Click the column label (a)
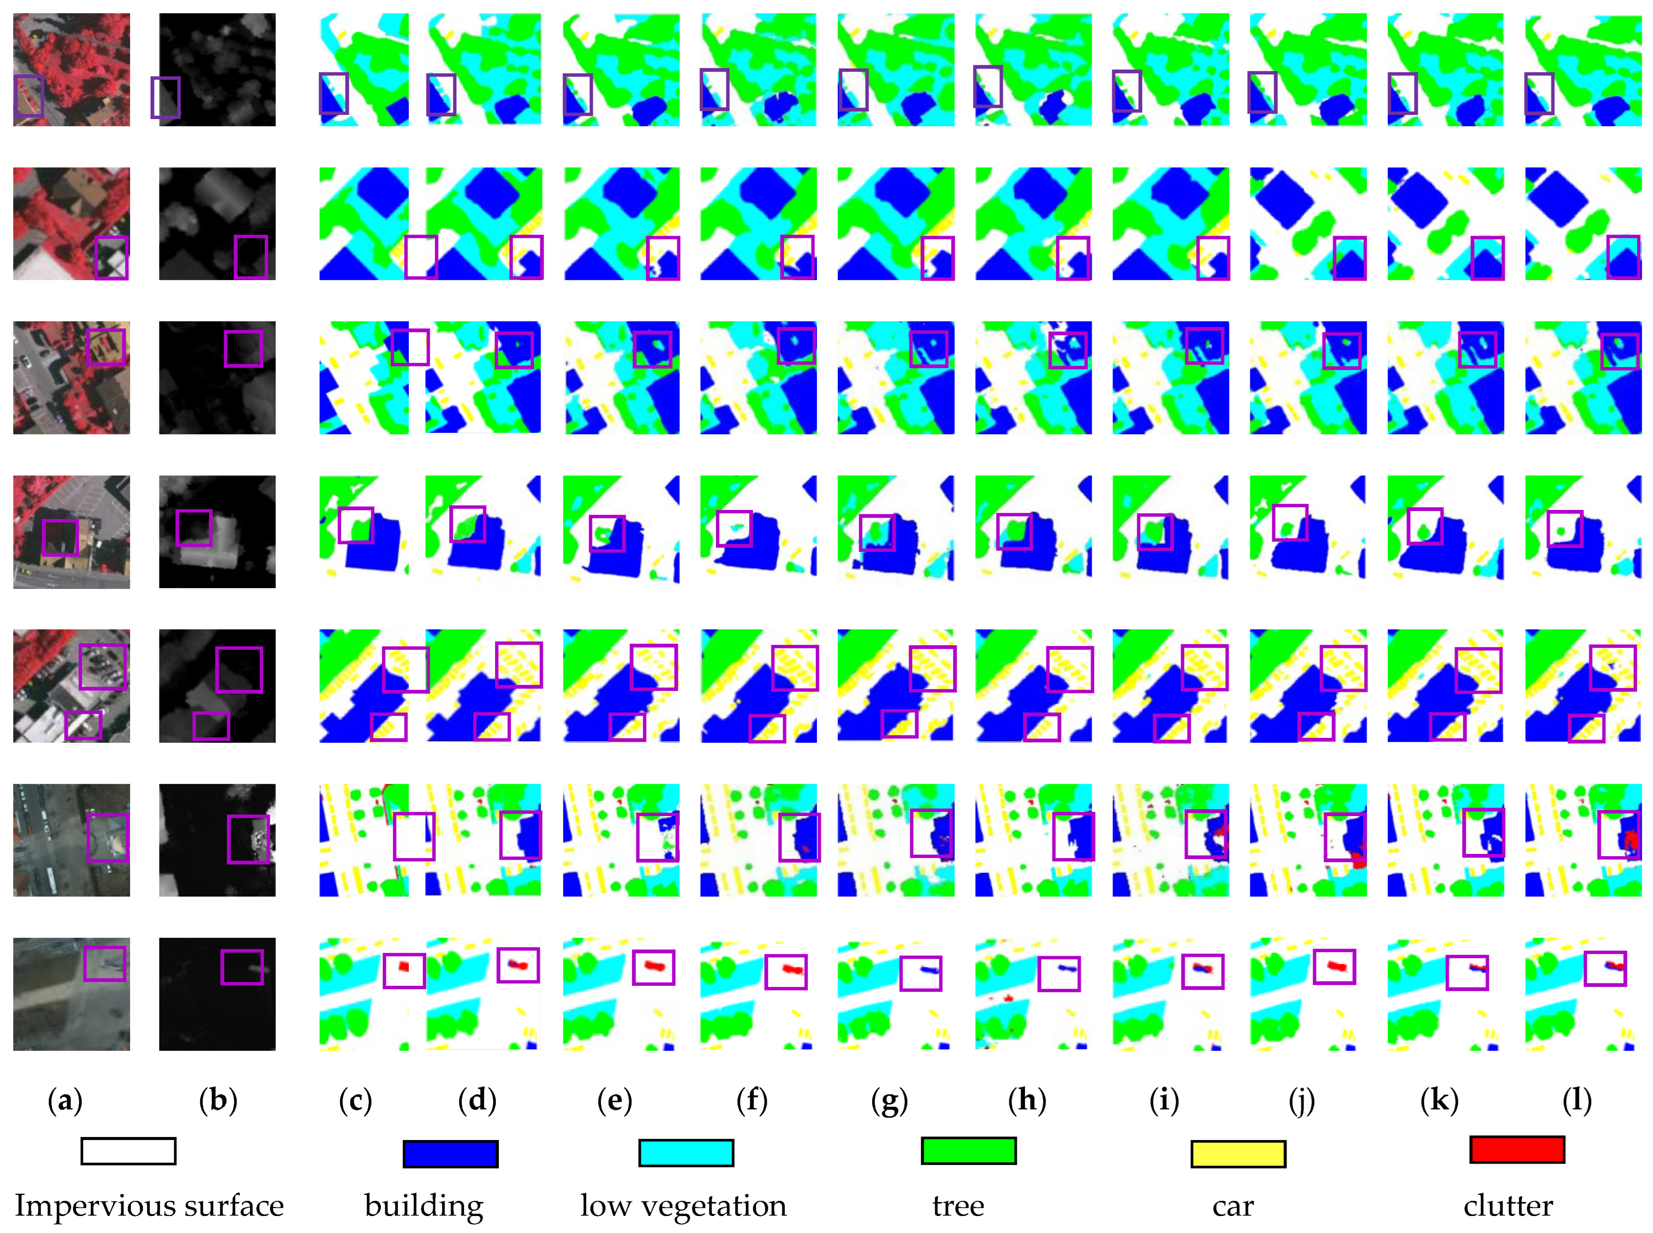(x=65, y=1100)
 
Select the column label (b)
(x=218, y=1100)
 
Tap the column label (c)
(x=355, y=1100)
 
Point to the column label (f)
(x=752, y=1100)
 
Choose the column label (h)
(x=1028, y=1100)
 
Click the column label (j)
(x=1302, y=1100)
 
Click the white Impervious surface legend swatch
(x=128, y=1151)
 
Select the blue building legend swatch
(x=450, y=1154)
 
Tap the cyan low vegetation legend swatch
(x=686, y=1152)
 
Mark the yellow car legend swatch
(x=1238, y=1154)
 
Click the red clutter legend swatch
(x=1517, y=1149)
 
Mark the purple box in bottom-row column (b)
(x=242, y=967)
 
